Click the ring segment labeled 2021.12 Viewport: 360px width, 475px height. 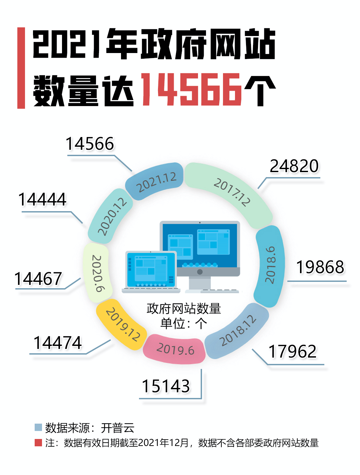pos(155,181)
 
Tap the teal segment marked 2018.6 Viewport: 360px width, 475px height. pos(270,265)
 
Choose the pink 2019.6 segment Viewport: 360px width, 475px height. pos(175,349)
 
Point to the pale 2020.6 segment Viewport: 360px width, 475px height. pos(96,274)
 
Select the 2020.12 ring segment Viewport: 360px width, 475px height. pos(111,216)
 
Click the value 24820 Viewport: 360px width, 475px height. pos(294,166)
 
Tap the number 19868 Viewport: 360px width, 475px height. pos(320,267)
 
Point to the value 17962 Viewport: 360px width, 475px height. pos(292,352)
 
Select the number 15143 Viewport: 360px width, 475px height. pos(166,386)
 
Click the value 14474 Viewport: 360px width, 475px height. pos(58,343)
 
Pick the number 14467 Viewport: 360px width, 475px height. pos(38,279)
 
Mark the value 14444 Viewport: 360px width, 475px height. pos(42,199)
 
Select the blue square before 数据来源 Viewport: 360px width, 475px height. pos(38,427)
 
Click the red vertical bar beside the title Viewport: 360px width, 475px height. pos(21,68)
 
